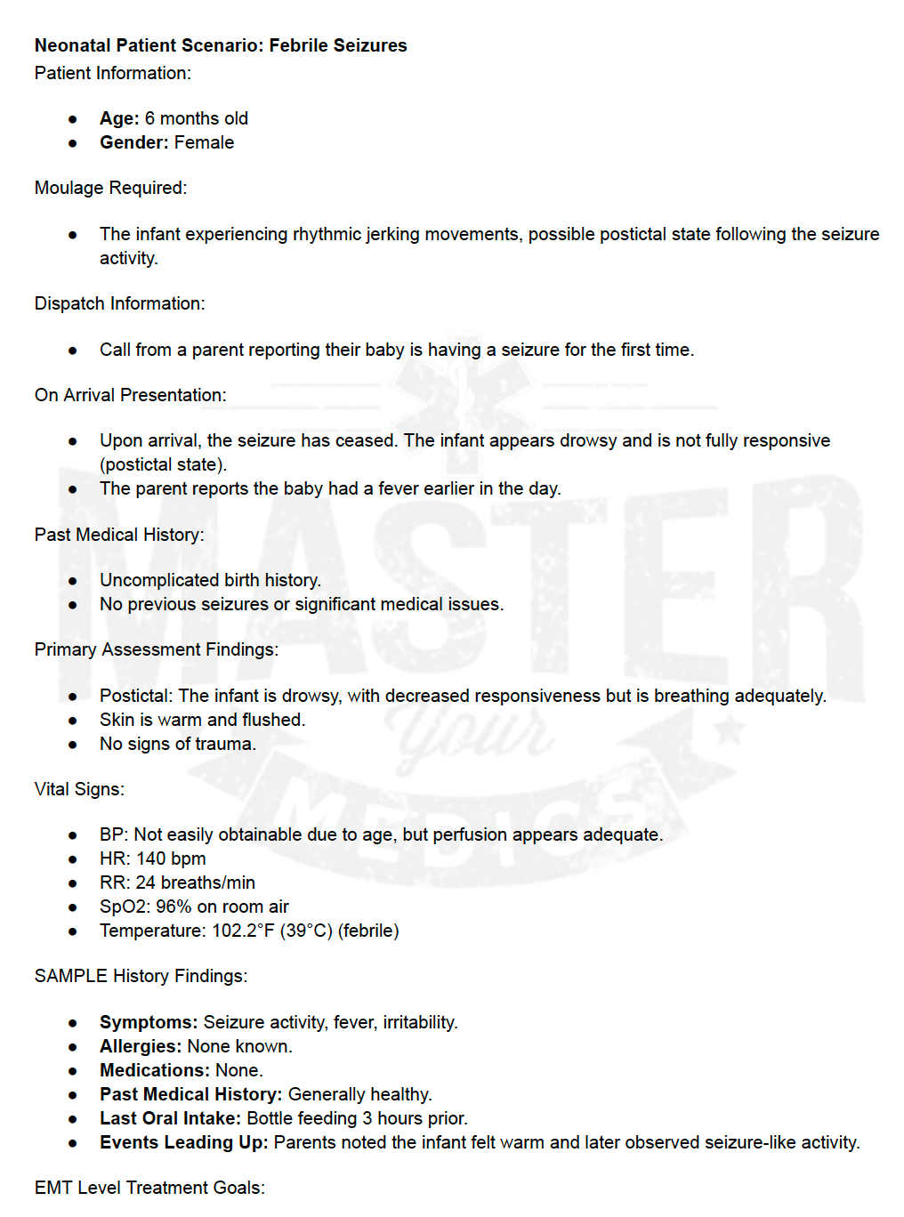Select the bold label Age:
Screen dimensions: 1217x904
tap(119, 118)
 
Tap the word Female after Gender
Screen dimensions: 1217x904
tap(204, 142)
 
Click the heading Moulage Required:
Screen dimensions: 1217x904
tap(110, 188)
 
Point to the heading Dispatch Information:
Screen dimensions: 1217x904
tap(119, 303)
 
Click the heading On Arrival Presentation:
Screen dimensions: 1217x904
tap(130, 395)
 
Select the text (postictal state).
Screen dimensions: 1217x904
tap(163, 464)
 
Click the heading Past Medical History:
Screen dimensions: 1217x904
tap(119, 535)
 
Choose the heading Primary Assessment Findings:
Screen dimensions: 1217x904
tap(156, 649)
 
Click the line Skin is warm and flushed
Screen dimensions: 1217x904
tap(202, 720)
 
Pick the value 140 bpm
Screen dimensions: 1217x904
tap(171, 858)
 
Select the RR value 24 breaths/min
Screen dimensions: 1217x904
tap(195, 883)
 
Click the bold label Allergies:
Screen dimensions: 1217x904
tap(141, 1046)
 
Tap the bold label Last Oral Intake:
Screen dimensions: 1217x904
tap(170, 1118)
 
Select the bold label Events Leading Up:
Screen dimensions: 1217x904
tap(183, 1142)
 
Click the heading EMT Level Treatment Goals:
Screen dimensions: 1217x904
tap(149, 1188)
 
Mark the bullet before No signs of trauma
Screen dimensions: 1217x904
tap(73, 745)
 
